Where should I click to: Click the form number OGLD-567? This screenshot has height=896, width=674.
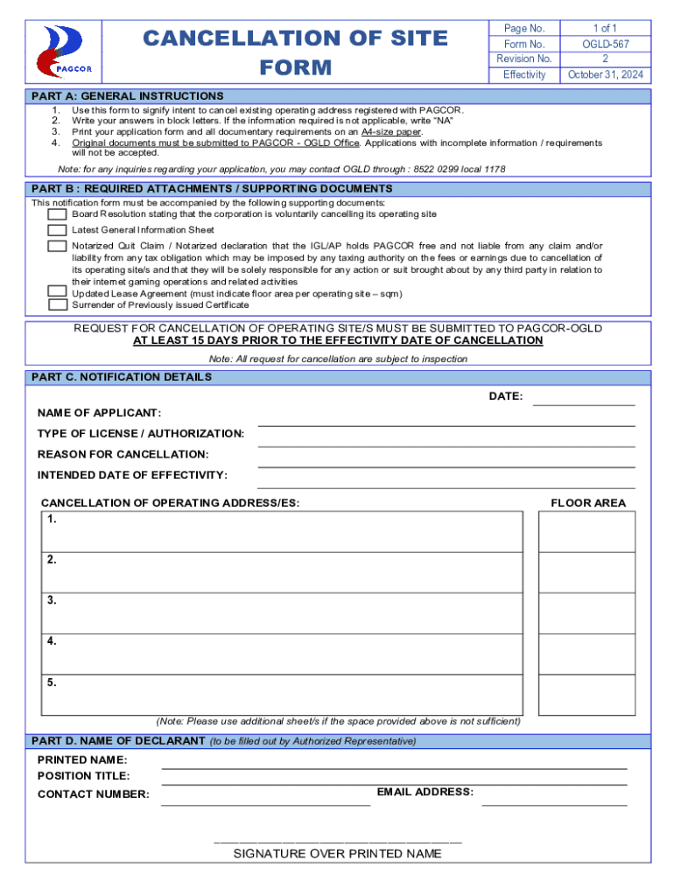605,44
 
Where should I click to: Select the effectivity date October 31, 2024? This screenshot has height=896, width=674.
605,75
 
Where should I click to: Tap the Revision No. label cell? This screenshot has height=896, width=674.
524,59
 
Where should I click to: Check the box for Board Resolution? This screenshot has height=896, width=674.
57,214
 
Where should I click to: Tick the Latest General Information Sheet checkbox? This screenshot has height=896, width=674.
57,230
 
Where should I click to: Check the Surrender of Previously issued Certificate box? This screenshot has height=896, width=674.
57,305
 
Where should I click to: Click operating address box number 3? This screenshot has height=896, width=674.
282,613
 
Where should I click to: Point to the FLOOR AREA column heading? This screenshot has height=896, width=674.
587,503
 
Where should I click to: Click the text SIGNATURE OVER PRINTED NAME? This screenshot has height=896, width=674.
337,854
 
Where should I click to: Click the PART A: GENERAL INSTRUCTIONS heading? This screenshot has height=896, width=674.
127,96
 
